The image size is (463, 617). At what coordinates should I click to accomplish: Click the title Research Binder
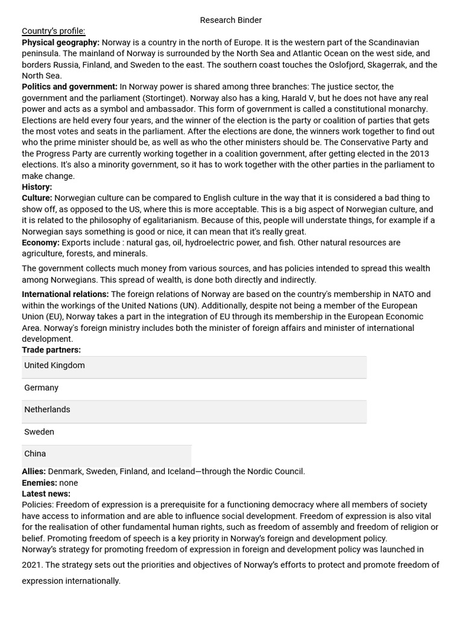pos(231,20)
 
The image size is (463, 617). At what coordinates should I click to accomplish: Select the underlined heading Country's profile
pos(54,31)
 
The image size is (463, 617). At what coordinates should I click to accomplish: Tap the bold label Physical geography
pos(60,42)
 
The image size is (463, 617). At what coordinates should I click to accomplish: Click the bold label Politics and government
pos(69,87)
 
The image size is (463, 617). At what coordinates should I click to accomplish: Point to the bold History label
pos(37,187)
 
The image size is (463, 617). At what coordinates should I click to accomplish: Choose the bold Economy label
pos(40,242)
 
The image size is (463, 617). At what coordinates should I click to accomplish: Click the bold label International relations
pos(65,294)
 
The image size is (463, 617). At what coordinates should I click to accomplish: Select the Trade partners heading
pos(51,349)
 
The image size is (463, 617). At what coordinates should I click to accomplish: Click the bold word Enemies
pos(39,483)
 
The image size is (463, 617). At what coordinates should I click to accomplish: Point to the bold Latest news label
pos(46,493)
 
